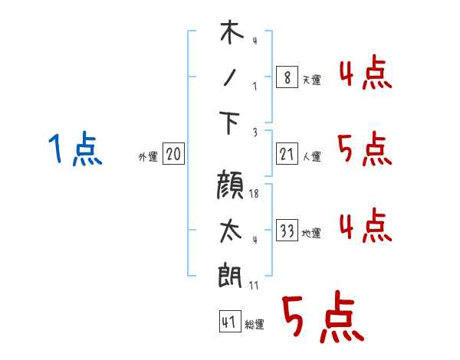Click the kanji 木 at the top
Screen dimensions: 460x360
coord(232,31)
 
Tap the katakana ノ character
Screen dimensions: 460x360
coord(230,77)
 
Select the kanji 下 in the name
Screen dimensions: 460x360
coord(229,123)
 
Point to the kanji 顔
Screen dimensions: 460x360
coord(230,185)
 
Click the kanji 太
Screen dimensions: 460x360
coord(231,231)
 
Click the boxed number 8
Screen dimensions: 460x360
coord(287,77)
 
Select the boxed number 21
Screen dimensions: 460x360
coord(287,154)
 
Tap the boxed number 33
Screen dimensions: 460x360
coord(287,230)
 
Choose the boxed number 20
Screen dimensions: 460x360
coord(173,154)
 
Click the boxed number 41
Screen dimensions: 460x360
coord(230,321)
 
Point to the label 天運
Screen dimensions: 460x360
coord(311,80)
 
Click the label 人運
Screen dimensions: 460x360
coord(311,156)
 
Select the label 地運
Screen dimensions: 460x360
coord(311,233)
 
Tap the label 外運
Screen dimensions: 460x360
coord(148,156)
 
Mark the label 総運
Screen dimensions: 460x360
coord(255,324)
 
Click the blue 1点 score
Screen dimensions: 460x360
coord(75,148)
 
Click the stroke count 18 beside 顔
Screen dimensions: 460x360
coord(254,194)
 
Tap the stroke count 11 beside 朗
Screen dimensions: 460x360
coord(254,286)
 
